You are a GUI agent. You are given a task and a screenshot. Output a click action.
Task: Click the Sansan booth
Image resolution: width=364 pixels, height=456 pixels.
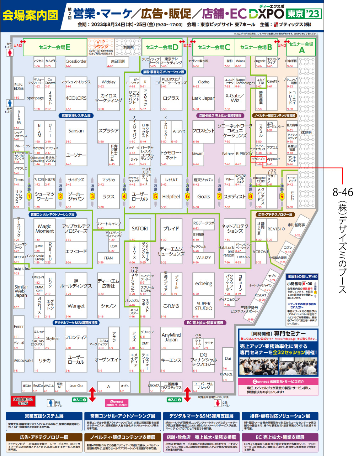point(76,131)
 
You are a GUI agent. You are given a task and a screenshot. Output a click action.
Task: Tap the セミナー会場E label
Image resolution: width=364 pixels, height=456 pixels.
point(55,47)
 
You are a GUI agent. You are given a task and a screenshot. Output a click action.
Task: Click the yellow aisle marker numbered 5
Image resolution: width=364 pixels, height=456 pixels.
point(155,196)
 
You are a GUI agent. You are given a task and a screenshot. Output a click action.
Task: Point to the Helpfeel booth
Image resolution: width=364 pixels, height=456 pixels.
point(171,197)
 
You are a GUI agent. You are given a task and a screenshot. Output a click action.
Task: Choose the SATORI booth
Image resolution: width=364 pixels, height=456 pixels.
point(140,229)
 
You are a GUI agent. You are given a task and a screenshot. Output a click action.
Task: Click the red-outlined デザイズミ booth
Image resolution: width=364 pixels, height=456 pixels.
point(258,159)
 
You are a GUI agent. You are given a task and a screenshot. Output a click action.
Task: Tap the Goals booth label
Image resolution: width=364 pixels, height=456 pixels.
point(203,197)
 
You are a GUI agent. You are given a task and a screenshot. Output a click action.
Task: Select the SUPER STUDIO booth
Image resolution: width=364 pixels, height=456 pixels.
point(203,306)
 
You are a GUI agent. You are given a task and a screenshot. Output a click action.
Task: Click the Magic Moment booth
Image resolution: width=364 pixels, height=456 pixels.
point(45,229)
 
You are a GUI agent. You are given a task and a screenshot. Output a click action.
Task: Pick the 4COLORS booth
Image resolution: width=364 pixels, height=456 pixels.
point(76,98)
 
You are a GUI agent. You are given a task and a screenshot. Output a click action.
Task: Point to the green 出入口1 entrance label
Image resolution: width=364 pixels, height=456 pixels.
point(79,400)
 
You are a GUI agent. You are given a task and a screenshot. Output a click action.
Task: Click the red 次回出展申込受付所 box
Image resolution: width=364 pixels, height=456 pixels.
point(23,401)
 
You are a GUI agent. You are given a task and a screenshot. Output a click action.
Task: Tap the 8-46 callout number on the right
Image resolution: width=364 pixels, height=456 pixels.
point(343,192)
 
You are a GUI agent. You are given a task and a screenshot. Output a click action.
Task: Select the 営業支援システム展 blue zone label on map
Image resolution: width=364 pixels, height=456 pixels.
point(76,116)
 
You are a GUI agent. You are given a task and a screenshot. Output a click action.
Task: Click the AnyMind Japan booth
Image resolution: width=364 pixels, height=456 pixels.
point(171,337)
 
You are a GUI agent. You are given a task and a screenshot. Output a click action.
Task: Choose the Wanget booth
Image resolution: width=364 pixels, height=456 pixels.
point(76,306)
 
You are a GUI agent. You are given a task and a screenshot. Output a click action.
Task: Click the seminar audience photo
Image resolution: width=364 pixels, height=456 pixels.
point(278,366)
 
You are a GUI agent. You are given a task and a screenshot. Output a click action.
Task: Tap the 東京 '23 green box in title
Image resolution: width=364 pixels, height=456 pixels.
point(303,14)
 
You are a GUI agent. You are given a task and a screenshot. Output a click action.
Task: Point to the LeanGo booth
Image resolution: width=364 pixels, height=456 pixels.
point(76,386)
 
